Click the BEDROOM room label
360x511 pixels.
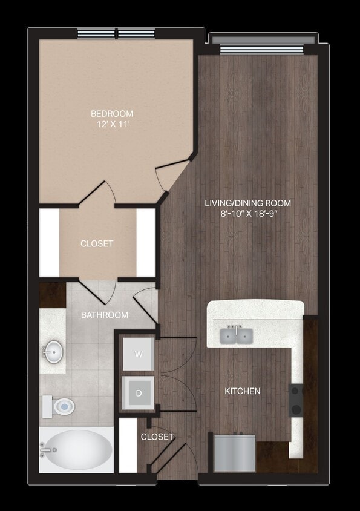(x=112, y=114)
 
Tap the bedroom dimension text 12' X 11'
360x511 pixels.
(x=112, y=125)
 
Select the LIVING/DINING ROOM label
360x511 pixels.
(x=247, y=203)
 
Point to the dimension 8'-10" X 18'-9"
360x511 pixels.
(x=247, y=213)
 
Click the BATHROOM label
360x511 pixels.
(x=105, y=315)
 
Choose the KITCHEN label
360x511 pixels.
(x=243, y=391)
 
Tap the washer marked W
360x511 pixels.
(x=139, y=354)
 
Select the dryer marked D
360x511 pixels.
(x=139, y=393)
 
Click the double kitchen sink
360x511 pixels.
(x=237, y=335)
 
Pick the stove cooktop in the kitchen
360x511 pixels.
(x=296, y=400)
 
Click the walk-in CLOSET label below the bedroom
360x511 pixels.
(x=97, y=244)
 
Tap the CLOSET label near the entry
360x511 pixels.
(x=157, y=437)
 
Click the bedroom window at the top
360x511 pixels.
(x=116, y=34)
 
